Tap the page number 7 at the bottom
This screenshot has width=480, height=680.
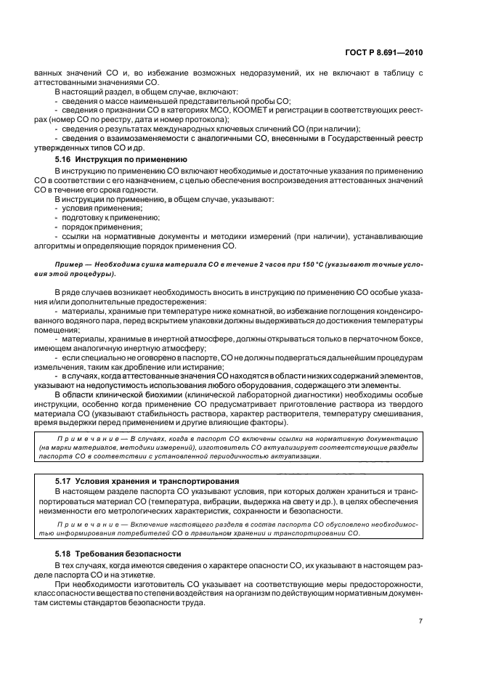[420, 620]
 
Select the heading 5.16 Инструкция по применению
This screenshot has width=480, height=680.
[121, 158]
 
